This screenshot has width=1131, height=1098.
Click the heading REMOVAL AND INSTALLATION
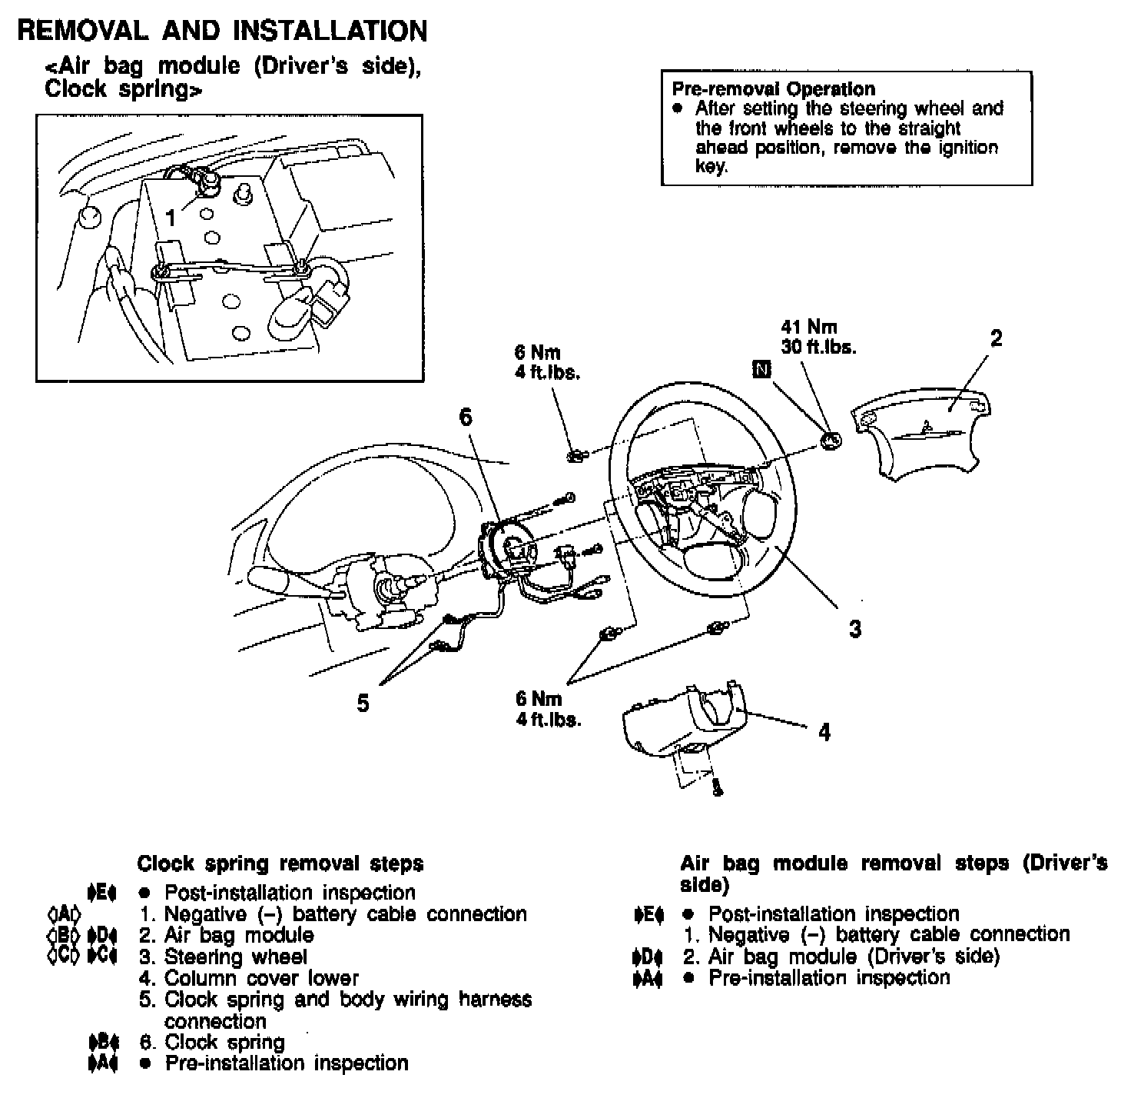[222, 31]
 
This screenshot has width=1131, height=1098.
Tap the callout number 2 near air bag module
[996, 339]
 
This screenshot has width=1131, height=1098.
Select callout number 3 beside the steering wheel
[855, 629]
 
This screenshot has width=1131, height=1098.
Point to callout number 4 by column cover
[824, 732]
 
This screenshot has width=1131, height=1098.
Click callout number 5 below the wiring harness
[363, 703]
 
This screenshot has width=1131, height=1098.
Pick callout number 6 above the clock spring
[466, 418]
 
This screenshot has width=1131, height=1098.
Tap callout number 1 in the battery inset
[171, 218]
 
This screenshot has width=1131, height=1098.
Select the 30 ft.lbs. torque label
[818, 347]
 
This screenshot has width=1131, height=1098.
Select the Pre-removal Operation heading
[773, 89]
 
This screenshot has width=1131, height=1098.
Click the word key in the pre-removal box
[710, 166]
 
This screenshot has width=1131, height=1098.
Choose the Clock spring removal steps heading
[280, 863]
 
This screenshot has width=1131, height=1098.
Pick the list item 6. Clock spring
[212, 1043]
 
